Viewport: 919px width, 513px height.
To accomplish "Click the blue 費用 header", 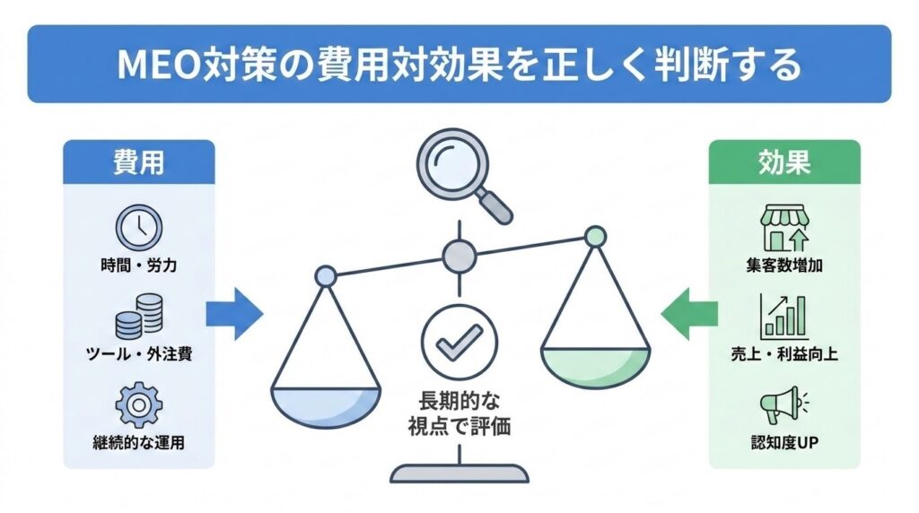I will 138,161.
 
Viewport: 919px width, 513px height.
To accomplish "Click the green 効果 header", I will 784,161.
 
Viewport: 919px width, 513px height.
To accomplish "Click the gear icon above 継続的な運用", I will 138,404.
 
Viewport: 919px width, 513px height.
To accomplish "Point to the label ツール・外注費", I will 138,353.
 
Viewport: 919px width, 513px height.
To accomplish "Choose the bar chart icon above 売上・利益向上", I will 783,316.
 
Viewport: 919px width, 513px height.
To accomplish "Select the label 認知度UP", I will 783,442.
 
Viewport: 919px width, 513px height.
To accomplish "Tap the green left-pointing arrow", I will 689,314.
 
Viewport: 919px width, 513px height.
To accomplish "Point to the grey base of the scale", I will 459,474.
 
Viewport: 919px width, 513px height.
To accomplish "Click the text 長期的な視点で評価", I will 459,413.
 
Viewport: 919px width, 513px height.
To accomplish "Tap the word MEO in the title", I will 155,65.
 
